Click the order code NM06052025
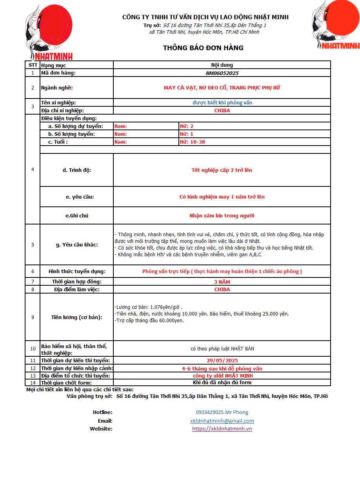pyautogui.click(x=222, y=73)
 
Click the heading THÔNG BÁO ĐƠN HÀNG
pyautogui.click(x=203, y=48)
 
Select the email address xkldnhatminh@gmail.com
pyautogui.click(x=222, y=421)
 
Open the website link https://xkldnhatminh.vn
pyautogui.click(x=222, y=429)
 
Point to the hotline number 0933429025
pyautogui.click(x=222, y=412)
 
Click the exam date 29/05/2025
pyautogui.click(x=222, y=360)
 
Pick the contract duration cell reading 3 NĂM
pyautogui.click(x=222, y=282)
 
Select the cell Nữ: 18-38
pyautogui.click(x=192, y=142)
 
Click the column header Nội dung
pyautogui.click(x=222, y=65)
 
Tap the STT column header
pyautogui.click(x=33, y=65)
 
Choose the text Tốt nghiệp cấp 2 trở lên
pyautogui.click(x=222, y=170)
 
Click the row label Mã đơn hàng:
pyautogui.click(x=58, y=73)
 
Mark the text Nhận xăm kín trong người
pyautogui.click(x=222, y=215)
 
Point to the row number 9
pyautogui.click(x=33, y=317)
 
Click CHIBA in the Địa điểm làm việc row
pyautogui.click(x=222, y=289)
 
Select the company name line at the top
pyautogui.click(x=205, y=17)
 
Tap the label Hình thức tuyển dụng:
pyautogui.click(x=77, y=271)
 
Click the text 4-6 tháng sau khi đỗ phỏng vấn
pyautogui.click(x=222, y=368)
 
